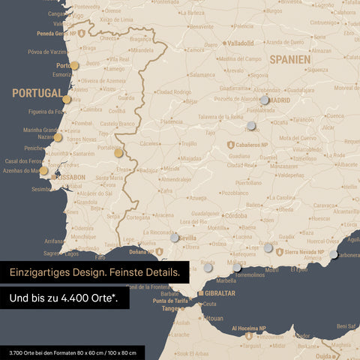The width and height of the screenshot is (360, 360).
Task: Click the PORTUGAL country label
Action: [37, 93]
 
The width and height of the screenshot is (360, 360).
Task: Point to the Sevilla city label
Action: [187, 238]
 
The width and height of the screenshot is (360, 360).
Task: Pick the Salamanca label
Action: [201, 75]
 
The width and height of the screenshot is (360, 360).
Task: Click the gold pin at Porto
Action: [74, 65]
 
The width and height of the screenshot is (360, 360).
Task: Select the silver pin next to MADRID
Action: [264, 100]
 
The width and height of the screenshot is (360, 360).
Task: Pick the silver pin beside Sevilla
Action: [175, 237]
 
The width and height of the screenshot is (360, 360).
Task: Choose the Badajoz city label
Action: [148, 169]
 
